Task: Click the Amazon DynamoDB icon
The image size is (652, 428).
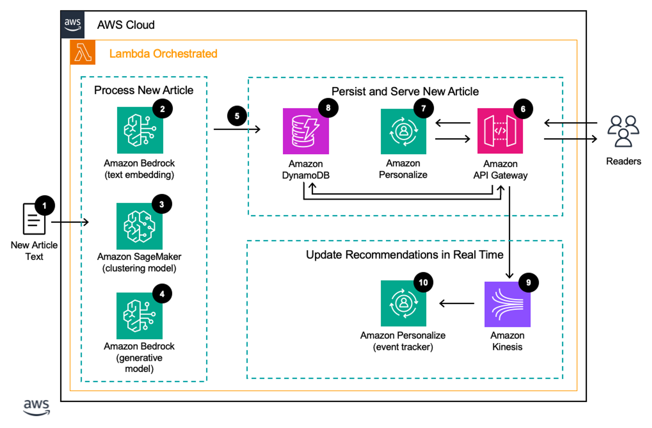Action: tap(306, 131)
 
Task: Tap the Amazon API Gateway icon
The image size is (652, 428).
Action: tap(500, 131)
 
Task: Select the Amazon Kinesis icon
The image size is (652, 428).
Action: tap(507, 304)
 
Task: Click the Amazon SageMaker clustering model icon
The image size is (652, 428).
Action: tap(139, 226)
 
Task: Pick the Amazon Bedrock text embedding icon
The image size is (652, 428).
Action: tap(140, 130)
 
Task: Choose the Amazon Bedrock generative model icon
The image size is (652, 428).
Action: tap(139, 316)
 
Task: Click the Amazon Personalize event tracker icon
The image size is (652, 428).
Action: tap(403, 304)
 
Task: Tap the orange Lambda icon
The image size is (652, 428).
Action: tap(83, 52)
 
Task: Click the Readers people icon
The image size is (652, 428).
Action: tap(623, 131)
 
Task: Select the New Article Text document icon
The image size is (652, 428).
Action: tap(34, 219)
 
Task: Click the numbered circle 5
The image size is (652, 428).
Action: tap(237, 116)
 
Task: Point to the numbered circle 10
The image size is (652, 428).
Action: tap(423, 283)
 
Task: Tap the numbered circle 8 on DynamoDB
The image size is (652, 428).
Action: tap(328, 108)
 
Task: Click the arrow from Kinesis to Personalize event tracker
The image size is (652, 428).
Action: tap(457, 304)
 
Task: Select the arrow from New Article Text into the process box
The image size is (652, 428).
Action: tap(70, 222)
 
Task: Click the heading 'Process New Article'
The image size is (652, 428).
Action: tap(144, 90)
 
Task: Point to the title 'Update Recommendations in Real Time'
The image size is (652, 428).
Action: tap(404, 255)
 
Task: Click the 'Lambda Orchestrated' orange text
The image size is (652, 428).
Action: tap(163, 54)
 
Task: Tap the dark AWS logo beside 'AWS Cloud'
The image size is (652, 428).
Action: tap(72, 25)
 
